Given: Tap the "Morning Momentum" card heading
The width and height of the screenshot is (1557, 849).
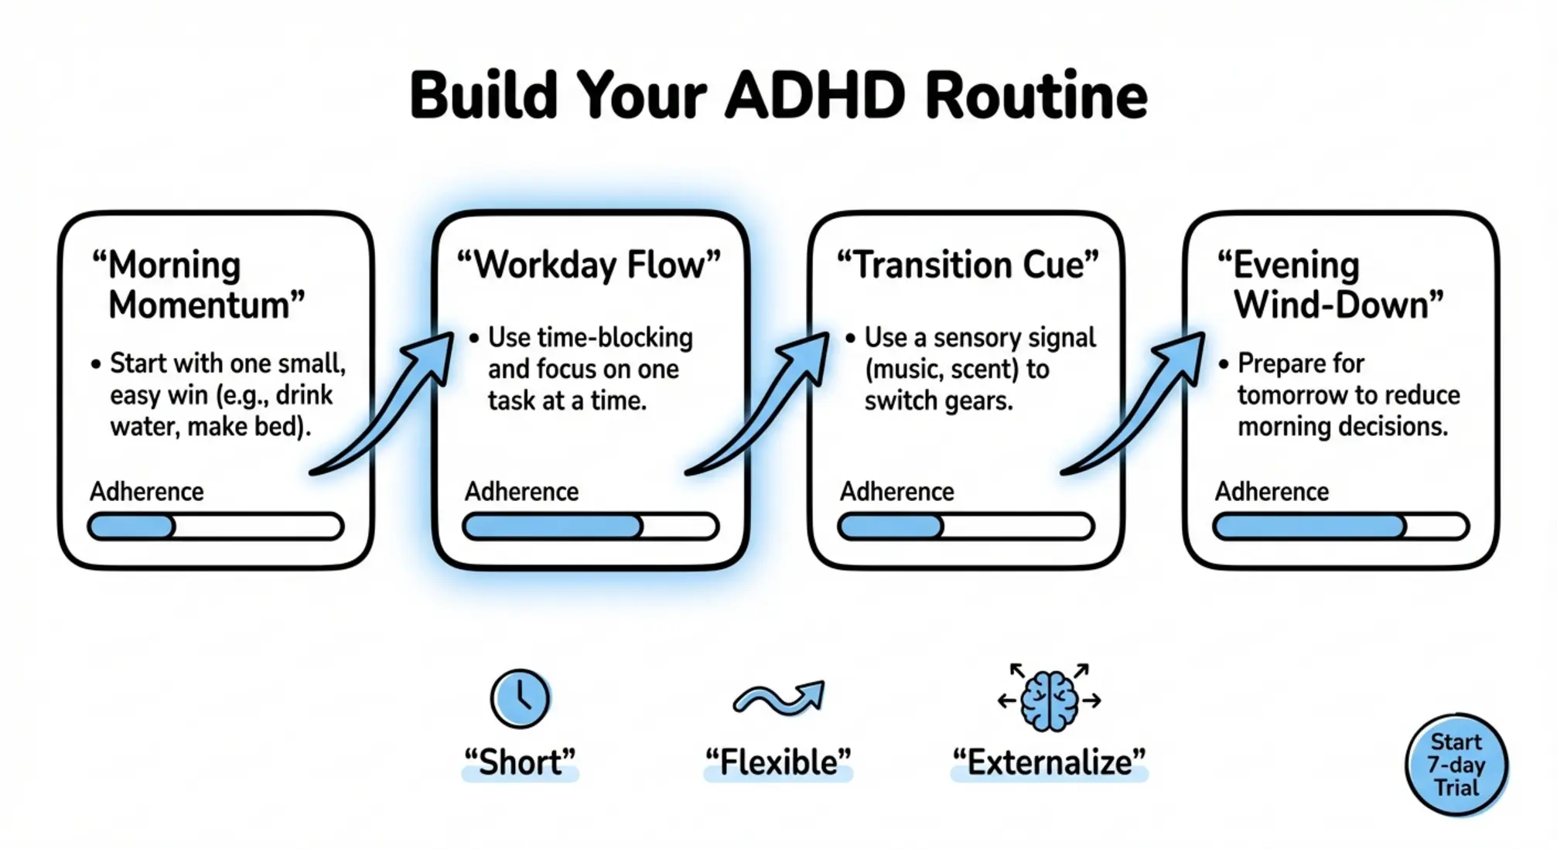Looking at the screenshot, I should point(198,285).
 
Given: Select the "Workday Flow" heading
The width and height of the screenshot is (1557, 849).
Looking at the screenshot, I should point(588,265).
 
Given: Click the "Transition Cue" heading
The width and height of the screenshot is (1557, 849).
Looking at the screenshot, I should point(968,265).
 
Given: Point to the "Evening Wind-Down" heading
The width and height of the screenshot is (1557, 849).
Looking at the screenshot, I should point(1330,285).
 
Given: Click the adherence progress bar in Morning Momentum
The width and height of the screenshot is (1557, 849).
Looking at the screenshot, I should point(216,527).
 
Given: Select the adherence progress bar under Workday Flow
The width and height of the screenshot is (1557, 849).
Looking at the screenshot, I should point(590,527).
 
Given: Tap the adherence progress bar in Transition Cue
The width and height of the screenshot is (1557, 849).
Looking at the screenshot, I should point(966,527).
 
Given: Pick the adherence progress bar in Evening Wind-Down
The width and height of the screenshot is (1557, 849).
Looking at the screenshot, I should point(1340,527).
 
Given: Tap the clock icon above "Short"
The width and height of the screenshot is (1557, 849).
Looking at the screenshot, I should point(520,699).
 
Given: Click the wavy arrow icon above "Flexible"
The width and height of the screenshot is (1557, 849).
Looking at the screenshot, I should point(778,698).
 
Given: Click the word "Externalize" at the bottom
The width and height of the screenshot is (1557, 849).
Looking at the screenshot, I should point(1049,762).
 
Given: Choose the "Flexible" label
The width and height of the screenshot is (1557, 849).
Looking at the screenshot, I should point(778,762).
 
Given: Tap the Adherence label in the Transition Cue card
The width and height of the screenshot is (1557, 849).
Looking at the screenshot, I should point(897,492).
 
